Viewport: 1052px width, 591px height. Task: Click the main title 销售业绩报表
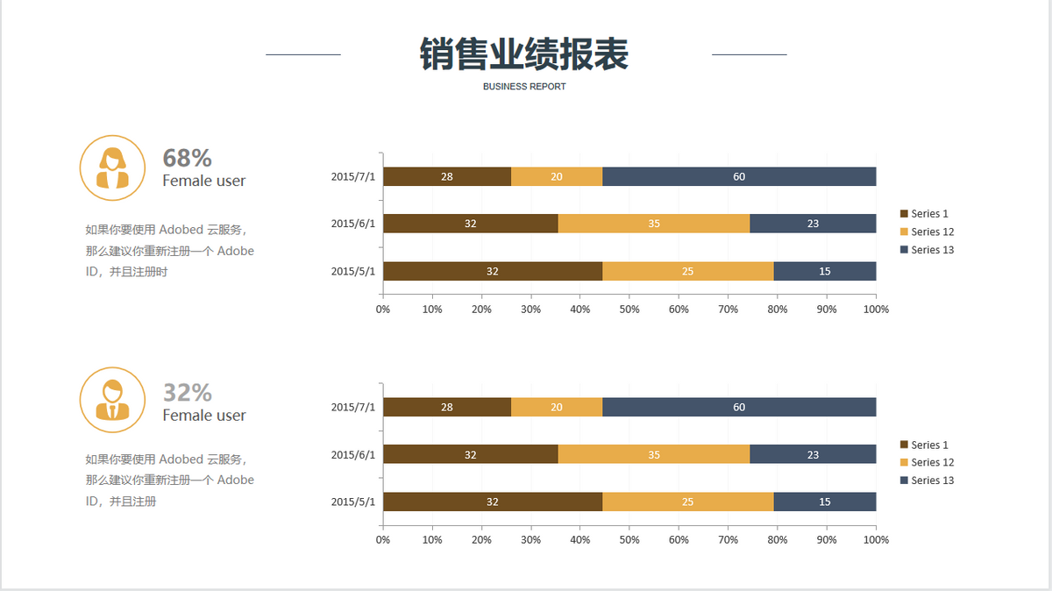pyautogui.click(x=524, y=54)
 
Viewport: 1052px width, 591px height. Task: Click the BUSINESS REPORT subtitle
pyautogui.click(x=524, y=87)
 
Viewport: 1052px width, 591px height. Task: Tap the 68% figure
pyautogui.click(x=187, y=158)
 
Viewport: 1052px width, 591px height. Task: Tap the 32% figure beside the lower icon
pyautogui.click(x=187, y=392)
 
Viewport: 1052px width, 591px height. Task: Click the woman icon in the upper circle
pyautogui.click(x=112, y=167)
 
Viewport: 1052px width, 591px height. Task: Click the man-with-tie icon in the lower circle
pyautogui.click(x=112, y=400)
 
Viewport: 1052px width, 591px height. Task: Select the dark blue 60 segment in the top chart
pyautogui.click(x=739, y=176)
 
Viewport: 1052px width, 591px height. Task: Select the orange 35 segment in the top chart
pyautogui.click(x=654, y=224)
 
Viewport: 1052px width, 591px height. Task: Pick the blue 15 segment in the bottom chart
pyautogui.click(x=825, y=502)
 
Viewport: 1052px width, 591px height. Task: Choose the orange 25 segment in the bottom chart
pyautogui.click(x=688, y=502)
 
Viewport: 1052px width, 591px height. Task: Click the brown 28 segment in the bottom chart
pyautogui.click(x=447, y=407)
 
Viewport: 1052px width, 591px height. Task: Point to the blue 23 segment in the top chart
pyautogui.click(x=813, y=224)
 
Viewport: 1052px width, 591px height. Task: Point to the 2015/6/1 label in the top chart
pyautogui.click(x=352, y=224)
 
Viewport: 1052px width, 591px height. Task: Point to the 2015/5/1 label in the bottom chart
pyautogui.click(x=352, y=502)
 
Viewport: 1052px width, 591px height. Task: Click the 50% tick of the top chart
pyautogui.click(x=629, y=309)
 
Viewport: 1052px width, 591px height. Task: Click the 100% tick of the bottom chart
pyautogui.click(x=876, y=539)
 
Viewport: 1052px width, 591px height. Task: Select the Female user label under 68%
pyautogui.click(x=203, y=181)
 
